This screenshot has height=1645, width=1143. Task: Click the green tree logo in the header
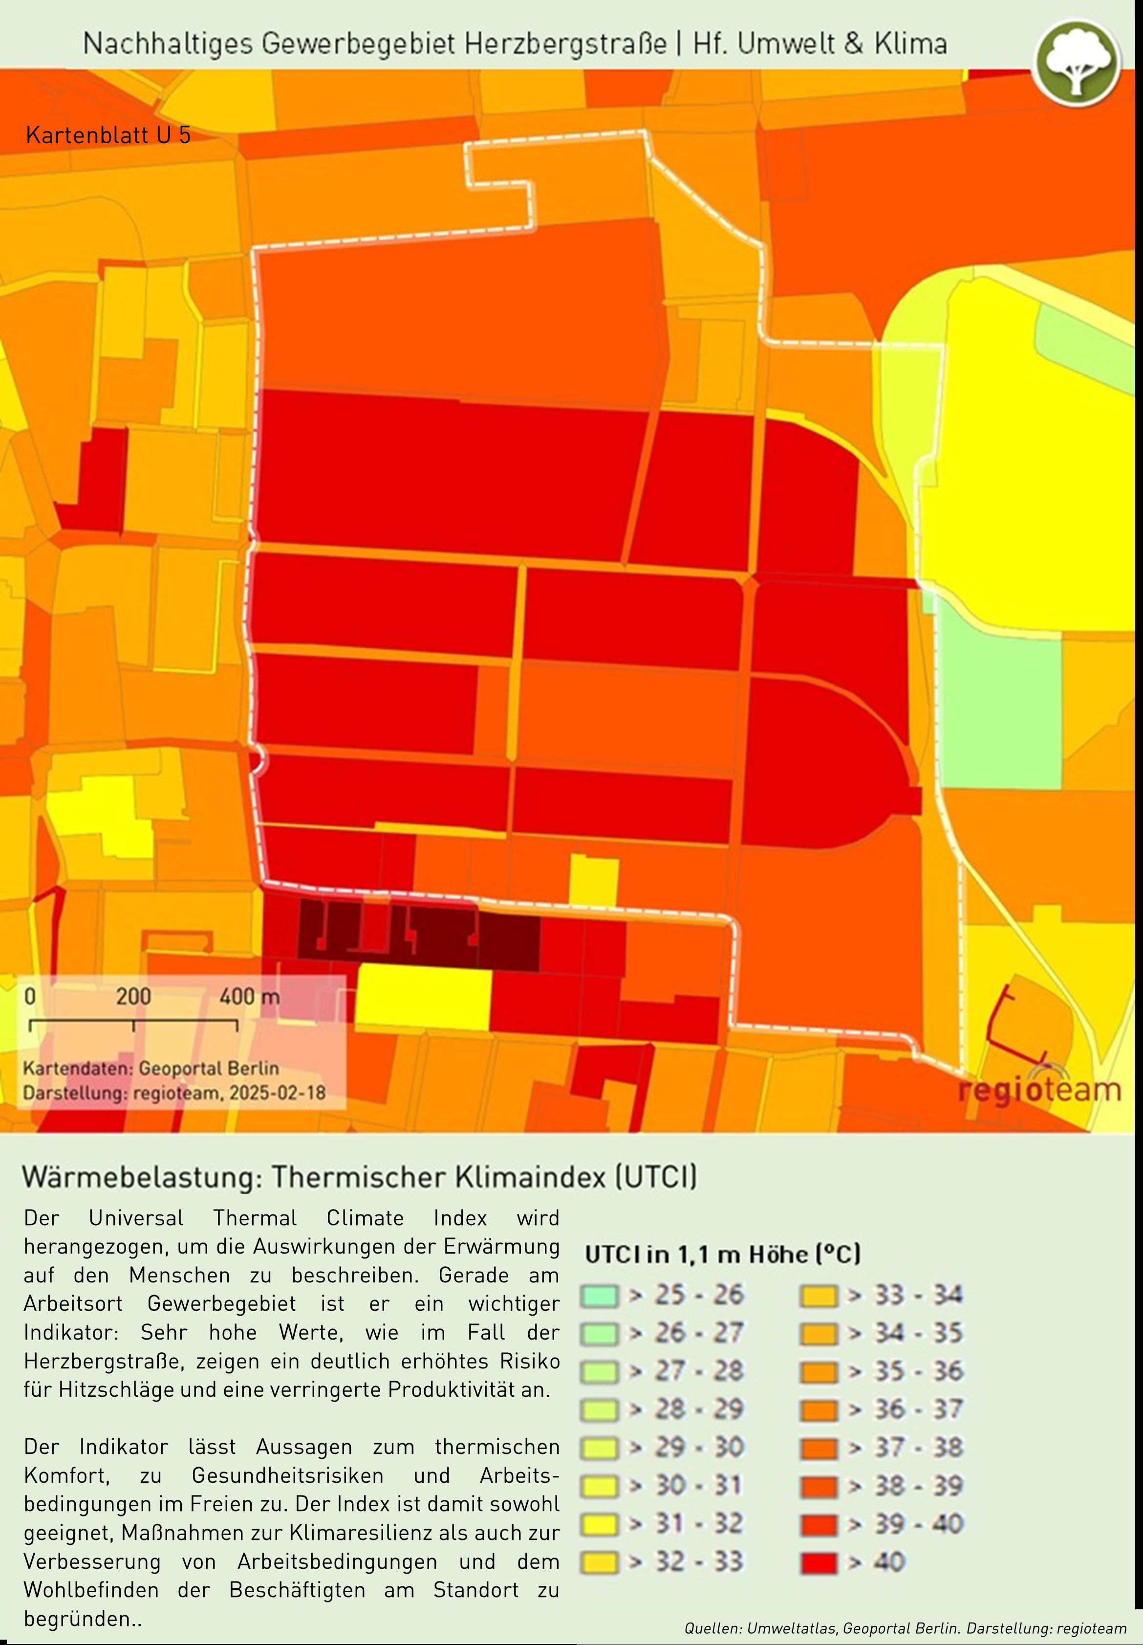pos(1076,62)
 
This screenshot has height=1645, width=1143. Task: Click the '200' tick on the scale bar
pos(134,997)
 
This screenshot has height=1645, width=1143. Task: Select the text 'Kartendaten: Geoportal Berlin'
pos(151,1068)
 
